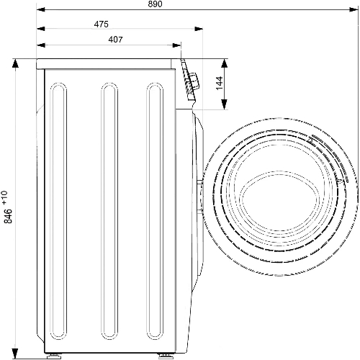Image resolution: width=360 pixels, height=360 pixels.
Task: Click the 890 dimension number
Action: coord(155,4)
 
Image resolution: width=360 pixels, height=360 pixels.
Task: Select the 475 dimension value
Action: coord(101,24)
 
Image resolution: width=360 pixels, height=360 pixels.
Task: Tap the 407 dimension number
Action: coord(115,40)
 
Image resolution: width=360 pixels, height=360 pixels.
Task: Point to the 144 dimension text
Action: coord(220,83)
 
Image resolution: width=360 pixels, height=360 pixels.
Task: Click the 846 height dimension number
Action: coord(9,216)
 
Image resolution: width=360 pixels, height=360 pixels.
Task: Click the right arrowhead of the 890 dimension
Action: coord(354,9)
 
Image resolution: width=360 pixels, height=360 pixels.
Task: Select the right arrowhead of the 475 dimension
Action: coord(199,29)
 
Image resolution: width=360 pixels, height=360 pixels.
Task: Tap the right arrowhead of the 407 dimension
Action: coord(176,45)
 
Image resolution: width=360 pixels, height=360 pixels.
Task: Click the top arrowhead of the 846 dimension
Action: coord(15,63)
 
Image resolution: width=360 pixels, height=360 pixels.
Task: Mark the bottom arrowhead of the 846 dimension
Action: coord(15,354)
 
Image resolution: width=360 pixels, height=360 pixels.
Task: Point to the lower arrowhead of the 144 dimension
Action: coord(224,104)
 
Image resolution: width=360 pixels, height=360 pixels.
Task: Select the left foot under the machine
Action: coord(54,356)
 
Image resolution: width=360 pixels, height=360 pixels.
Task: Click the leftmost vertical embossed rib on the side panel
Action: coord(58,247)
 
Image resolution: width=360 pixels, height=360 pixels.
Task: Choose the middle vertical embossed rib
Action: coord(109,247)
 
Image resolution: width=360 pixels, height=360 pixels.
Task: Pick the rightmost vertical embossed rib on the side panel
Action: coord(155,247)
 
